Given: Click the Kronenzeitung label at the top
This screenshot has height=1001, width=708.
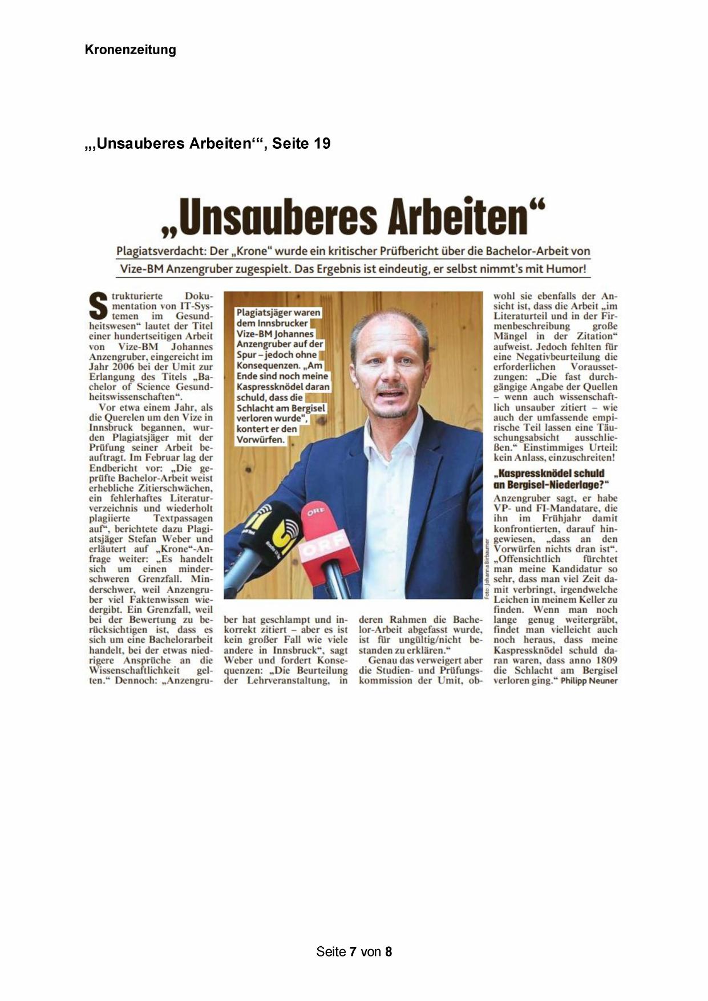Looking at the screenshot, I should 130,50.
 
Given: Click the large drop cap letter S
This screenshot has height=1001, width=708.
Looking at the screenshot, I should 99,306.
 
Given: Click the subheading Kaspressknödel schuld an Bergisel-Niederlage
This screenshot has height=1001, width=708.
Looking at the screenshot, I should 549,479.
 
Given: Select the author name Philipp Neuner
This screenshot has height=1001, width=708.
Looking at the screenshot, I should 589,680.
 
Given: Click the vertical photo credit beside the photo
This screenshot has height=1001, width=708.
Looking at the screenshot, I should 486,568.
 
